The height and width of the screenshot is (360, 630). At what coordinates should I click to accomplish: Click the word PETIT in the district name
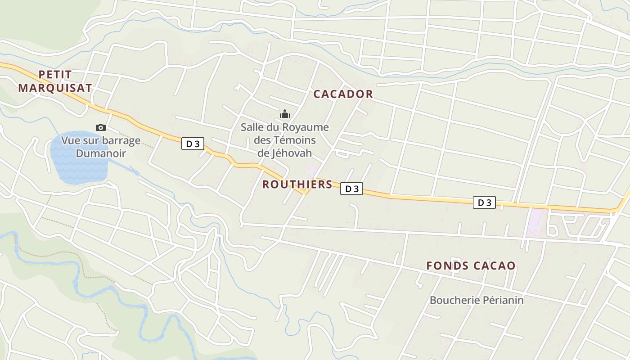click(55, 74)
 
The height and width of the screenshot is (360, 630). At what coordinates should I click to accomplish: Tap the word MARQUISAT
click(55, 88)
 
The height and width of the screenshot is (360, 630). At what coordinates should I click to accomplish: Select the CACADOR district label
click(343, 94)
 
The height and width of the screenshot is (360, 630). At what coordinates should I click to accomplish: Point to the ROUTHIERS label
click(297, 184)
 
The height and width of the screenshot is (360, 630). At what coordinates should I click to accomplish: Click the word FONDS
click(447, 265)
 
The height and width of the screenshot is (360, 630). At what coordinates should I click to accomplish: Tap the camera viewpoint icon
click(101, 128)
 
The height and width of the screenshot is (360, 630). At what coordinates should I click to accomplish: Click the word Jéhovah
click(291, 153)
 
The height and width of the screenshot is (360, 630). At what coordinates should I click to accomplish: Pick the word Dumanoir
click(100, 153)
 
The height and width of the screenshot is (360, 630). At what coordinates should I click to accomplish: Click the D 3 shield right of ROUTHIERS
click(351, 189)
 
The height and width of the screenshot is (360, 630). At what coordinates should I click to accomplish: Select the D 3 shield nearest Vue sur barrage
click(193, 144)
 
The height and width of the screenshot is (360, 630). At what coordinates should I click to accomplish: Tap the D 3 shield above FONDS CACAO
click(484, 202)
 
